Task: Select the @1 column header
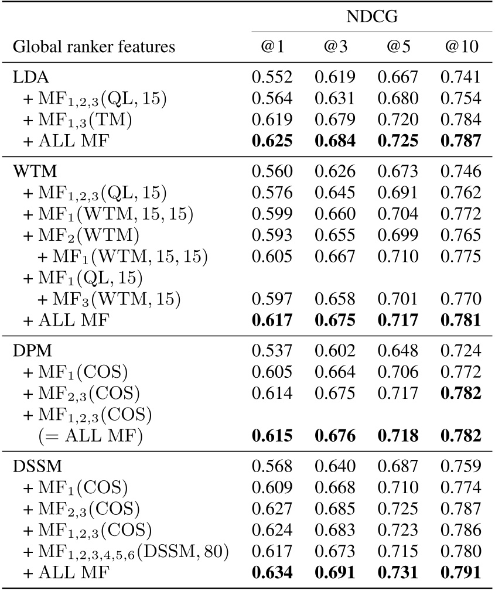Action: [x=272, y=47]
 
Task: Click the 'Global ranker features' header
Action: [x=94, y=47]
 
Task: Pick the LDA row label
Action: [x=28, y=77]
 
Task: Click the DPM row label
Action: [x=29, y=351]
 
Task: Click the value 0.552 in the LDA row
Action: [x=272, y=77]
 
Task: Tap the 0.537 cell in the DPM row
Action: [x=272, y=351]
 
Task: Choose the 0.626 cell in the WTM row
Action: [x=336, y=171]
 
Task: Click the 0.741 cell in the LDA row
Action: [x=461, y=77]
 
